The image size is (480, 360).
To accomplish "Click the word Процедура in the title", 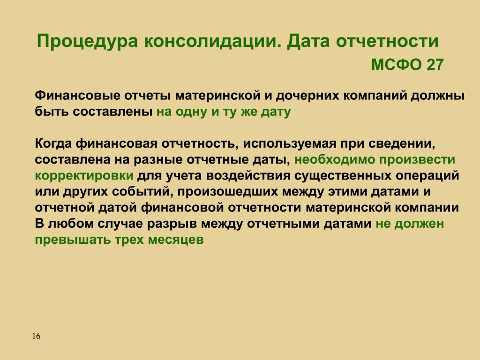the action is point(87,42).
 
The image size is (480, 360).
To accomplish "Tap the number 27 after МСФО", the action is point(435,65).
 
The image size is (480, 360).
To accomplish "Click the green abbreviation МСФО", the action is point(397,65).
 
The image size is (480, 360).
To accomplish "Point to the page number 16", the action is point(36,336).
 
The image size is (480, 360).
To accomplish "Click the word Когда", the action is point(54,143).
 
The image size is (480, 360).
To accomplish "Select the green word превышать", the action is point(73,240).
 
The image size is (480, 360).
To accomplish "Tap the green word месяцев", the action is point(176,240).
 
